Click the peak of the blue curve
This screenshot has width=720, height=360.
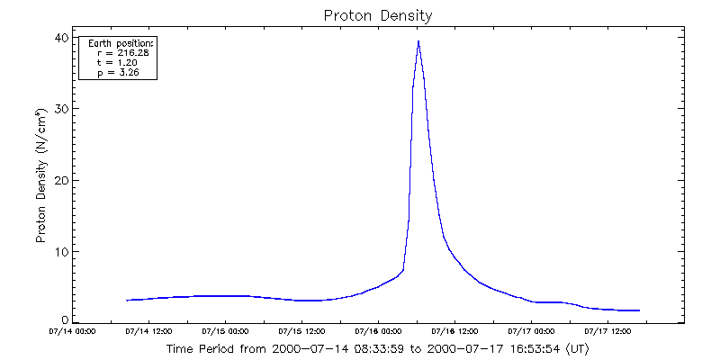point(418,41)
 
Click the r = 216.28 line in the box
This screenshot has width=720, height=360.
point(121,53)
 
